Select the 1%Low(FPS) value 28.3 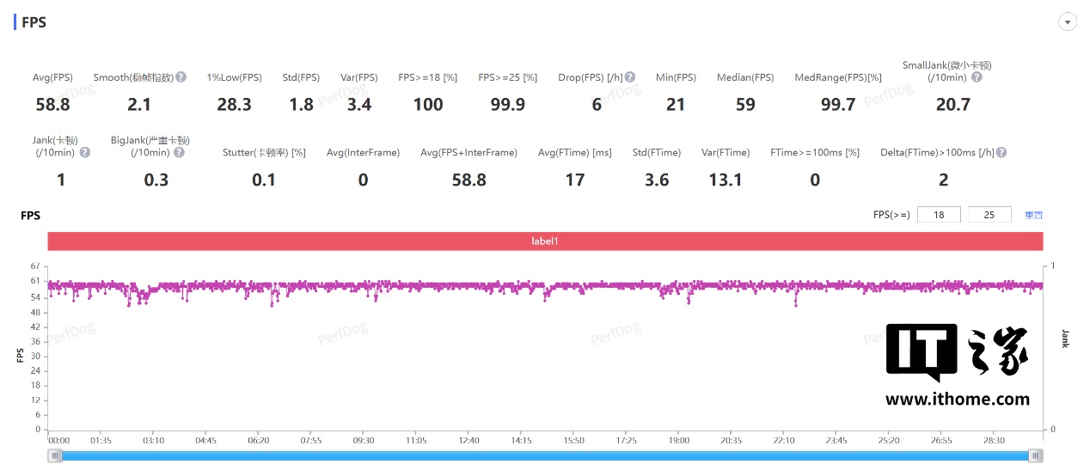point(234,105)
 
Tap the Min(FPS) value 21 point(676,105)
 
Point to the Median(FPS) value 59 point(745,105)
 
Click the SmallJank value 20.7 point(952,105)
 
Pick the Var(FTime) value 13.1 point(726,180)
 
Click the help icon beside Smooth point(181,77)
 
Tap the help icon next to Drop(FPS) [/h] point(630,77)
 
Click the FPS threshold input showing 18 point(939,215)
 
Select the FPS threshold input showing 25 point(989,215)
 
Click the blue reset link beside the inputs point(1033,215)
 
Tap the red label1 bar point(545,241)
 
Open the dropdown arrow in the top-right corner point(1069,22)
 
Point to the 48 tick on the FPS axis point(35,312)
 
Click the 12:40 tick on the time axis point(468,440)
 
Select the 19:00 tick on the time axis point(679,440)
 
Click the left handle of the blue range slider point(56,455)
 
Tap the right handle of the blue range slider point(1036,455)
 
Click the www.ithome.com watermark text point(957,399)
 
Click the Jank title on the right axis point(1065,339)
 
